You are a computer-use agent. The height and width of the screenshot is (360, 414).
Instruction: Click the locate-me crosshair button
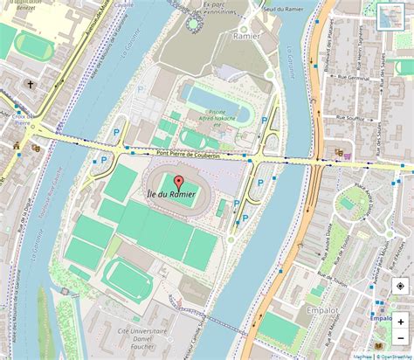point(400,285)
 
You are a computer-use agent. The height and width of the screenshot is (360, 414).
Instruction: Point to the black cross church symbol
point(31,86)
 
